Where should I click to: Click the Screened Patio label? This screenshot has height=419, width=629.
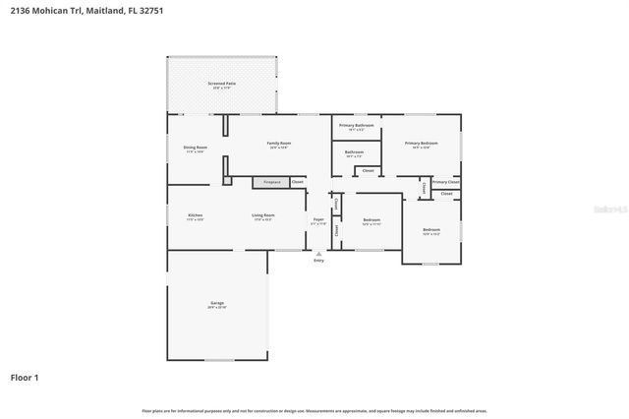point(221,85)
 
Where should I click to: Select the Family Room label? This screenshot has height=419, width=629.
point(279,144)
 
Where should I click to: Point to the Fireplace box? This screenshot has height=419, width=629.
point(271,182)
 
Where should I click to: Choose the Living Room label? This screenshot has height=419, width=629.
point(263,215)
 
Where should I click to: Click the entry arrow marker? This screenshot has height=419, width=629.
point(317,253)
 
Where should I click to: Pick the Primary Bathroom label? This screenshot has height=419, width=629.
point(356,126)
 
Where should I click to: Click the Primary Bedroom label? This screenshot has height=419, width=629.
point(421,144)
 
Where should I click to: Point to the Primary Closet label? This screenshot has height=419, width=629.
point(445,182)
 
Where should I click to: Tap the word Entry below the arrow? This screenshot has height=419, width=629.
point(317,261)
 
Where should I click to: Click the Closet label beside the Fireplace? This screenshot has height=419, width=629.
point(297,182)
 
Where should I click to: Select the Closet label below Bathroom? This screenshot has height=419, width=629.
point(368,171)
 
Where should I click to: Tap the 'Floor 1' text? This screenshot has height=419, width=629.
point(24,377)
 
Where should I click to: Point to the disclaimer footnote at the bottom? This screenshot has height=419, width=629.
point(314,410)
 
